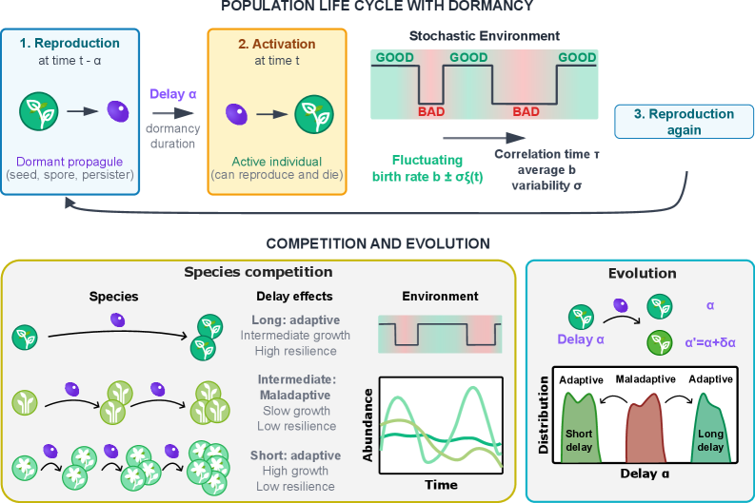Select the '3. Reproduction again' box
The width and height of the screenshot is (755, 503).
point(684,122)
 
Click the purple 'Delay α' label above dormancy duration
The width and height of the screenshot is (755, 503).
point(172,93)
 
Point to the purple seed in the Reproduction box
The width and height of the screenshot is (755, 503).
point(117,111)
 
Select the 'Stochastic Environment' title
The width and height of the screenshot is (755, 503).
point(484,36)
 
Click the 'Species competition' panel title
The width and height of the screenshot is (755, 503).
point(258,273)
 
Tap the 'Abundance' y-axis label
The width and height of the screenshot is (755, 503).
point(368,425)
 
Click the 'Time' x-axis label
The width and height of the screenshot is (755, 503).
point(441,484)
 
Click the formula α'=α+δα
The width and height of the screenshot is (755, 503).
point(710,339)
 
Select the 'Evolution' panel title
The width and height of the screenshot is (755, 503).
point(642,274)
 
